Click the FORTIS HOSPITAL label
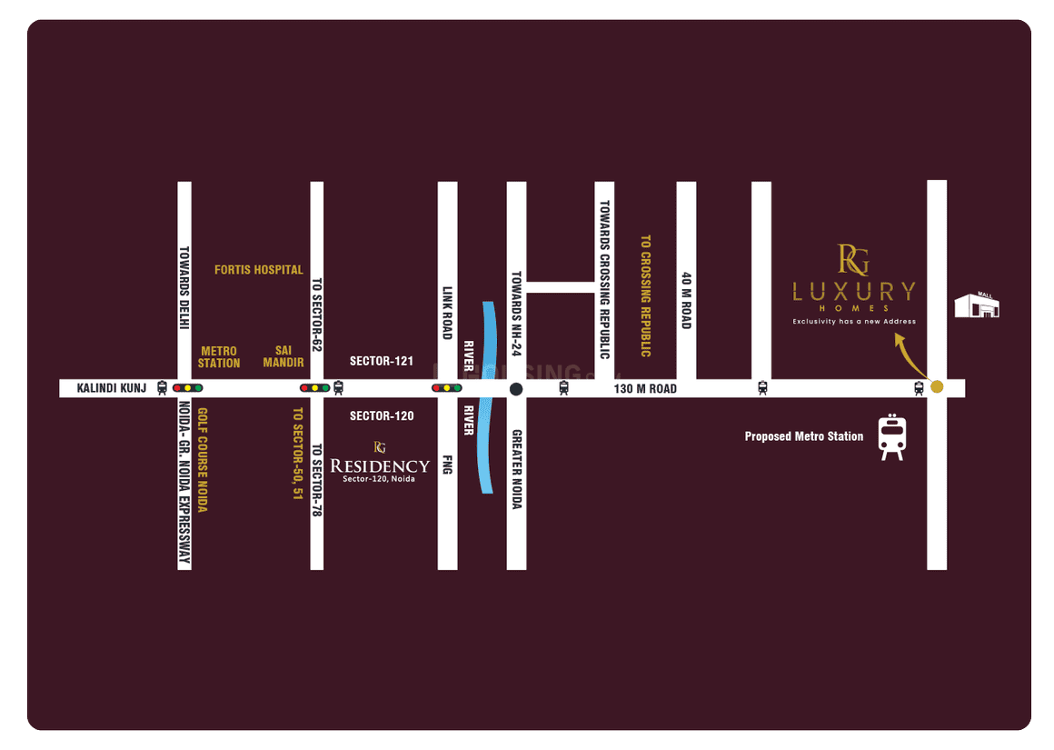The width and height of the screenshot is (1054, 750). [x=258, y=270]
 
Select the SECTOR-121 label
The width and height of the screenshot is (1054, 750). [x=382, y=361]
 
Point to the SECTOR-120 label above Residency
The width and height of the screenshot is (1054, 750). [x=382, y=416]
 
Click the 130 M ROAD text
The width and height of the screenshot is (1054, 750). [x=645, y=389]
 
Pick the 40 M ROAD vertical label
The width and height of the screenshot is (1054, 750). [x=687, y=300]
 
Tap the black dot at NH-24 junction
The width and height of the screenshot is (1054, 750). [x=516, y=389]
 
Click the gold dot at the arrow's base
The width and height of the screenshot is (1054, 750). [x=937, y=387]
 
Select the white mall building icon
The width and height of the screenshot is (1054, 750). [x=976, y=306]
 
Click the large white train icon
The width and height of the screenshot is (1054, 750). [x=891, y=437]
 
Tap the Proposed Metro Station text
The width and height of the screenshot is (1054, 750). [x=804, y=437]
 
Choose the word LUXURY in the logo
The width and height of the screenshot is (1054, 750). [x=853, y=292]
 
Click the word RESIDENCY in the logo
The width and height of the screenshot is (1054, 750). [x=379, y=466]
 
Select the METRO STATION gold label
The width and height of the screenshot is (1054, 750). [x=219, y=356]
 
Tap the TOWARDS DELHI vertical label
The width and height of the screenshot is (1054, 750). [x=184, y=289]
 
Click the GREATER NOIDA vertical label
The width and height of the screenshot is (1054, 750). [x=516, y=468]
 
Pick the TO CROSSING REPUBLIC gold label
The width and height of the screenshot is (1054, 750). [x=646, y=295]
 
